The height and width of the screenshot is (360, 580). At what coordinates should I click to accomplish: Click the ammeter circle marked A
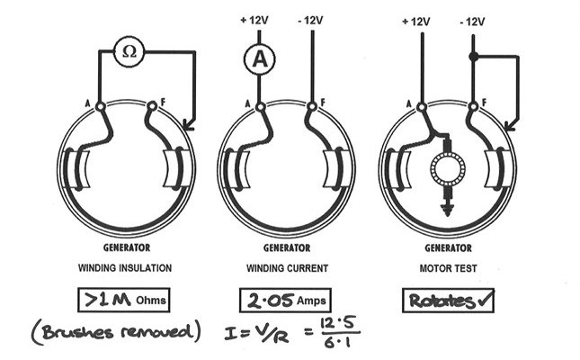(260, 59)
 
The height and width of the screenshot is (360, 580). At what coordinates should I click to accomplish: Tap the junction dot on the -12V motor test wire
(473, 57)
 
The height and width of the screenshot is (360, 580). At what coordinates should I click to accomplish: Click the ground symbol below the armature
(448, 209)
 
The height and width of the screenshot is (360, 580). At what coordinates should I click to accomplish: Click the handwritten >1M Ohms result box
(124, 300)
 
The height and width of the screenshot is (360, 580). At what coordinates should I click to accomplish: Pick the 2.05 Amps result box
(285, 300)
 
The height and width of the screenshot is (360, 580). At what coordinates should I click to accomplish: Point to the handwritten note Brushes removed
(116, 331)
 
